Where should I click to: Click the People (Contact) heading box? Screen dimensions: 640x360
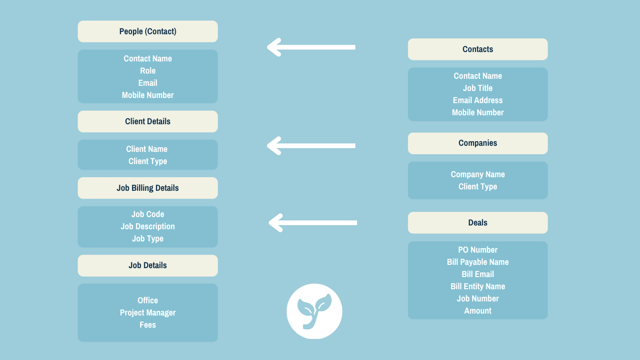[148, 31]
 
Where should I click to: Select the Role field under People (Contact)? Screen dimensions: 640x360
[148, 71]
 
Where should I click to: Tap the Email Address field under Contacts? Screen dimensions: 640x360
[477, 100]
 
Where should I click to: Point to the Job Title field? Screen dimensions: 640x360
[477, 88]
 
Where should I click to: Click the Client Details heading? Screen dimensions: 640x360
[148, 121]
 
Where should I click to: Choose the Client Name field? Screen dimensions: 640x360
[147, 149]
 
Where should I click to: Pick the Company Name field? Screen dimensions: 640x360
[477, 174]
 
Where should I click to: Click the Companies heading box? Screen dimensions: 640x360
[477, 143]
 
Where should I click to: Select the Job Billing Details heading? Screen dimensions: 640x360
[148, 188]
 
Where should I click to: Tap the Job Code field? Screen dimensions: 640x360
[148, 214]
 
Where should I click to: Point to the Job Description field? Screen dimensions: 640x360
[148, 226]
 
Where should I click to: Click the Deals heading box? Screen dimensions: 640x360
[477, 223]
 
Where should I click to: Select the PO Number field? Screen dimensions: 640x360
[477, 250]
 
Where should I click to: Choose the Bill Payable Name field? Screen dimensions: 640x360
[477, 262]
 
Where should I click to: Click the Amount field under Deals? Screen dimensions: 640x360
[477, 311]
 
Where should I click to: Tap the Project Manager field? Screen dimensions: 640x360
[148, 313]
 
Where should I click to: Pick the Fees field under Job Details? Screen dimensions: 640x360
[148, 325]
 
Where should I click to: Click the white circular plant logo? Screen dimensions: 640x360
[314, 311]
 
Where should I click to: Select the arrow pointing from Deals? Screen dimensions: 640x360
[313, 223]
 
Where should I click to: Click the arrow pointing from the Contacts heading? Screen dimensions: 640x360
[311, 47]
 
